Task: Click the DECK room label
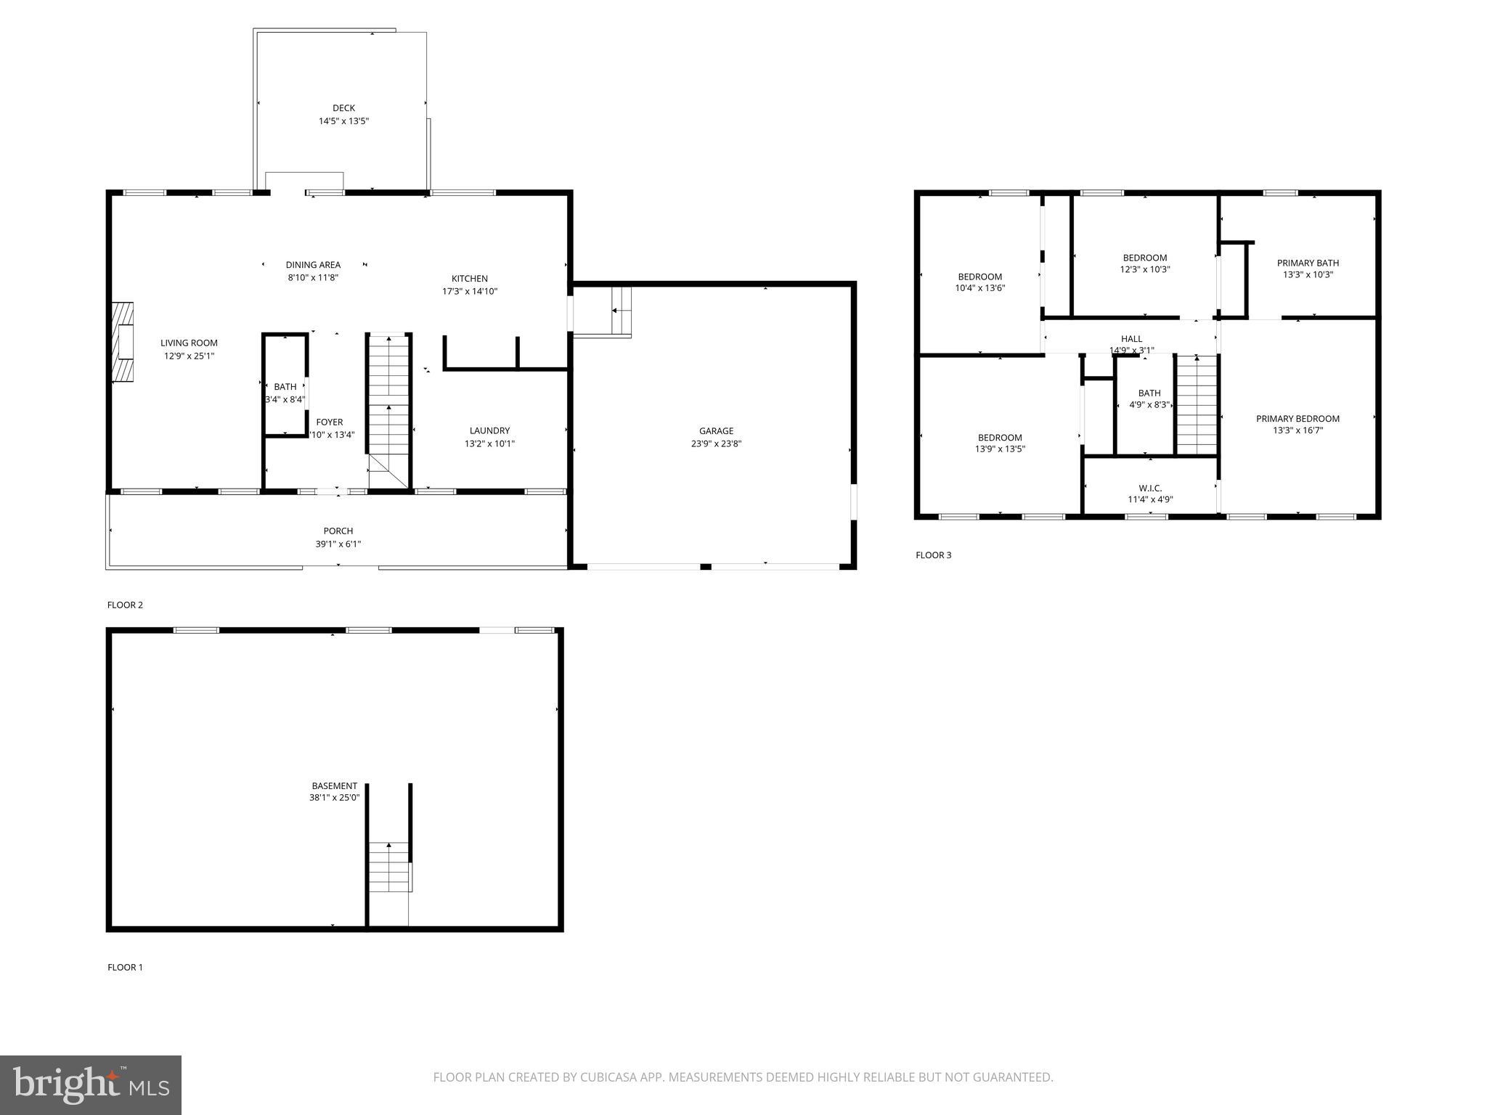point(343,108)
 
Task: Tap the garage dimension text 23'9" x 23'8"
point(716,444)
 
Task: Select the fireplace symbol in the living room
point(123,342)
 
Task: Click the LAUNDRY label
point(489,430)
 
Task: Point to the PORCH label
point(338,531)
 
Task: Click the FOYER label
point(330,422)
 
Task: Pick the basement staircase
point(390,867)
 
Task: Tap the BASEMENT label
point(334,785)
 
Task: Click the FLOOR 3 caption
point(933,555)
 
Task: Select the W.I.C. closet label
point(1150,488)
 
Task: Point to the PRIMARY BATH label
point(1308,263)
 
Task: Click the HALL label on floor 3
point(1131,338)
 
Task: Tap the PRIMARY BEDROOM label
point(1297,418)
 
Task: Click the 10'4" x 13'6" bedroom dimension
point(979,288)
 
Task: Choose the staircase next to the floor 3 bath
point(1196,405)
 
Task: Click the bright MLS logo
point(91,1085)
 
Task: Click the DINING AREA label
point(313,265)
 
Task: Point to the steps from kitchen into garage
point(621,311)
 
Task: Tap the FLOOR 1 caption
point(125,967)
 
